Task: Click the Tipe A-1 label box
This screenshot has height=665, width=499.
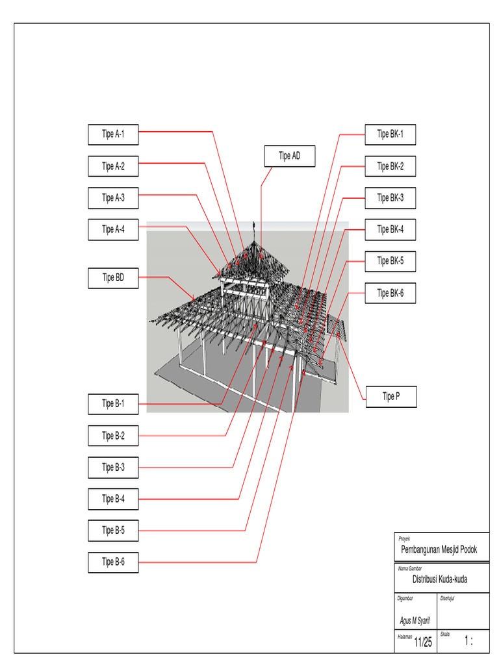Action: click(x=113, y=134)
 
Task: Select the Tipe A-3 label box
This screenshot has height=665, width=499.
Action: click(x=113, y=198)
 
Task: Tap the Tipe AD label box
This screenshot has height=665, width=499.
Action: click(x=290, y=157)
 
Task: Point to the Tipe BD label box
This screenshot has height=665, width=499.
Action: click(x=113, y=279)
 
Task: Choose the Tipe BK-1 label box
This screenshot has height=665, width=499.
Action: click(x=390, y=134)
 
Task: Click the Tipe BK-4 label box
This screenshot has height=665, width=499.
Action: click(x=390, y=230)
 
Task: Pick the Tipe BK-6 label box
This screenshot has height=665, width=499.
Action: click(x=390, y=294)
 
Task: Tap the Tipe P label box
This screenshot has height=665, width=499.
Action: click(x=390, y=397)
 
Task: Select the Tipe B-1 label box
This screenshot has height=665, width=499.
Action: click(x=113, y=404)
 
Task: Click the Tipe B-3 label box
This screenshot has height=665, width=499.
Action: click(x=113, y=467)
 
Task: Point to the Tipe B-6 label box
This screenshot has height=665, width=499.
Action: click(x=113, y=562)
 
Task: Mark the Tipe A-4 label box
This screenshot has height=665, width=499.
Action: click(x=113, y=229)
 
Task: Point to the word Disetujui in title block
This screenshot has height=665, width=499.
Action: click(x=447, y=598)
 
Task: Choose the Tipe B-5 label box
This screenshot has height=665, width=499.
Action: click(x=113, y=531)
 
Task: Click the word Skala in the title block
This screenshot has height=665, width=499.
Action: click(x=445, y=634)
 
